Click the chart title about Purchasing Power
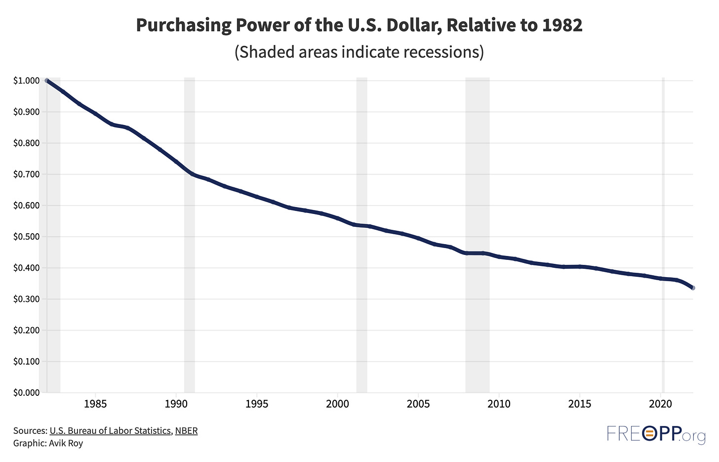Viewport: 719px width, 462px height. click(x=359, y=26)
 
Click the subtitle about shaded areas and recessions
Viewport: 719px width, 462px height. click(x=359, y=51)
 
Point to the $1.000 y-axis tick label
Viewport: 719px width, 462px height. click(x=26, y=81)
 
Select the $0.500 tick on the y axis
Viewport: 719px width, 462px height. click(x=26, y=237)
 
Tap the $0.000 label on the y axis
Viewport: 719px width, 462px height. click(x=26, y=392)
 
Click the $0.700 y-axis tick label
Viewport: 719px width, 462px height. click(x=26, y=174)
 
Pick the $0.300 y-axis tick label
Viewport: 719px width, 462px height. click(x=26, y=299)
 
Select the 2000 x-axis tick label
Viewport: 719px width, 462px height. click(x=337, y=404)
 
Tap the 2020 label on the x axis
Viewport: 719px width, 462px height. click(x=661, y=404)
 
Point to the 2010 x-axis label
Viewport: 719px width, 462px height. click(x=499, y=404)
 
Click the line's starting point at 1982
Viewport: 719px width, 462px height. click(x=47, y=81)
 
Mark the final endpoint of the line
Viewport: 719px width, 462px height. click(x=693, y=288)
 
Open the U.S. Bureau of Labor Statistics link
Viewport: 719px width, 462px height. click(x=110, y=430)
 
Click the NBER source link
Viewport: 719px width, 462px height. click(x=186, y=430)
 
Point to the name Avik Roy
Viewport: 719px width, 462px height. click(x=66, y=443)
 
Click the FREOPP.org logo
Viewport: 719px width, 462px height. click(x=655, y=435)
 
